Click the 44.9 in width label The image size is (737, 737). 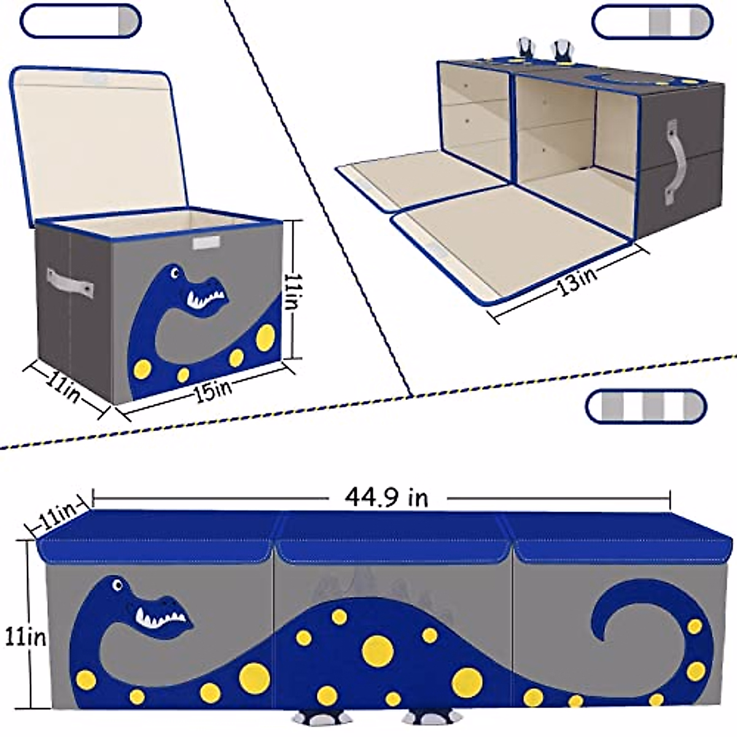(x=386, y=497)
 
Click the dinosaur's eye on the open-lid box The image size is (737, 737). (x=176, y=271)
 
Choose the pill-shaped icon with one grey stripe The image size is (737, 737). (x=80, y=21)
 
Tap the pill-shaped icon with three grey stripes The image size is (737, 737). (x=646, y=406)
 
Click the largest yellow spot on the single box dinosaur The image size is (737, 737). (x=265, y=336)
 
